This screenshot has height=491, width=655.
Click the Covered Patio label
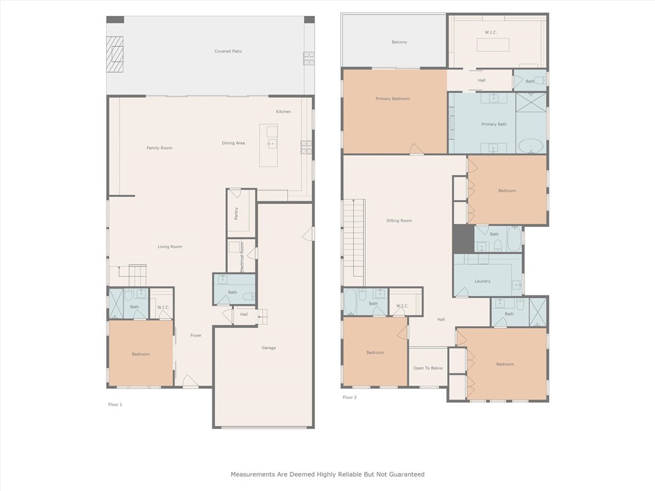[228, 51]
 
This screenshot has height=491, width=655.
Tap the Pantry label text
[236, 214]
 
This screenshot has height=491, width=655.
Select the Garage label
[269, 348]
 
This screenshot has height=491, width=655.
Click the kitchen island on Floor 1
[269, 145]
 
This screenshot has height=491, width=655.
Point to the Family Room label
[159, 148]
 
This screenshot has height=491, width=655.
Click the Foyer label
[196, 335]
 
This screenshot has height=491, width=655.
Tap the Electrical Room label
[242, 256]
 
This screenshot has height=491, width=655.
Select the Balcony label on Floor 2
[399, 42]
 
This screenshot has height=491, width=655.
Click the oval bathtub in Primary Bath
[530, 146]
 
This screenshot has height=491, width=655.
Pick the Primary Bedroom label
[392, 99]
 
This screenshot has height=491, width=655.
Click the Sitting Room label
[399, 221]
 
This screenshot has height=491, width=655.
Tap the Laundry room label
[482, 281]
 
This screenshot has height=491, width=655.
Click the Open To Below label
[428, 368]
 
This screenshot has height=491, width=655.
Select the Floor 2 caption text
[350, 398]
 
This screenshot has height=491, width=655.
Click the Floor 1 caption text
[115, 405]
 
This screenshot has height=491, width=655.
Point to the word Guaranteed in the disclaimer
[406, 474]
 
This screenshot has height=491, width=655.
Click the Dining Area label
[233, 143]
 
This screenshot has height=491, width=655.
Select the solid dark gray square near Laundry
[463, 238]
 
